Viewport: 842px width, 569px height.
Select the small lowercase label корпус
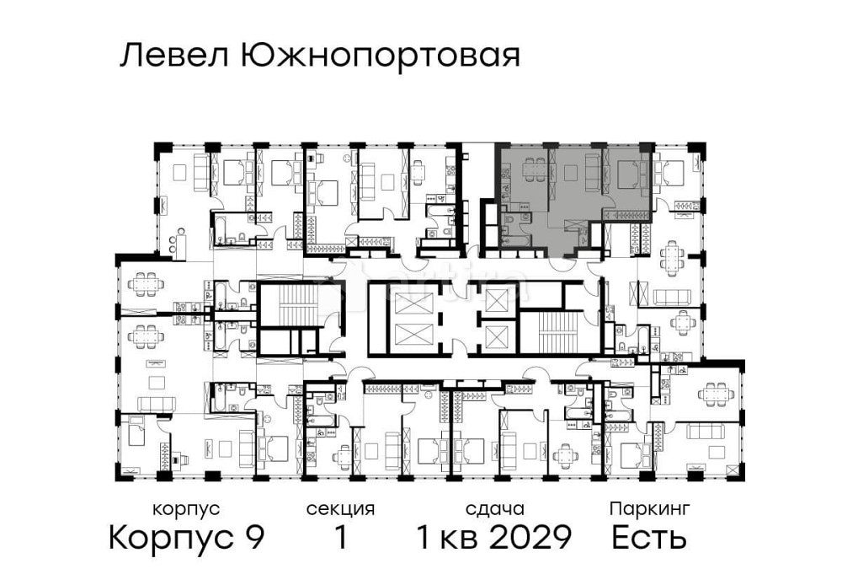(186, 509)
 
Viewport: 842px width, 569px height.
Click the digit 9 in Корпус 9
(253, 536)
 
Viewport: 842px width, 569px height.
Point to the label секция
(340, 509)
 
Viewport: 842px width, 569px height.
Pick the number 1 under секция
(340, 536)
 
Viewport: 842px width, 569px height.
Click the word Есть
(649, 536)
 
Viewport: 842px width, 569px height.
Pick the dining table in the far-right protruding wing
(715, 392)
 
